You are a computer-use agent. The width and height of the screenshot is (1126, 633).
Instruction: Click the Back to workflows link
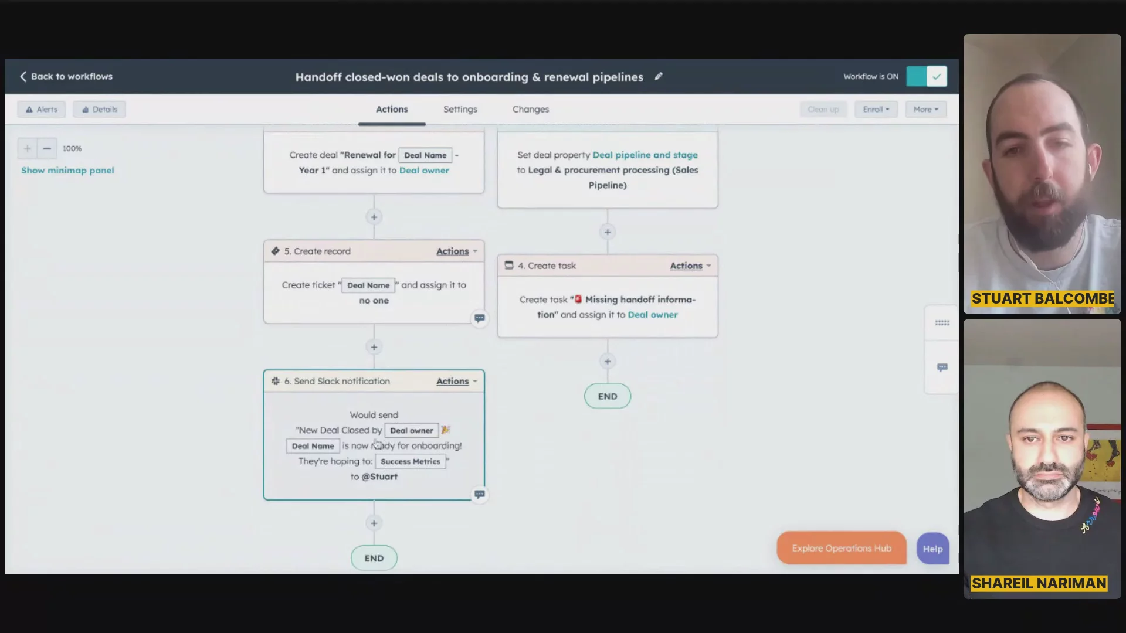[66, 76]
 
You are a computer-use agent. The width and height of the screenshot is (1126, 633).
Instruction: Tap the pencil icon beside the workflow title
[659, 76]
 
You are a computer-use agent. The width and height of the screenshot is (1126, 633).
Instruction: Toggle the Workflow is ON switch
[926, 76]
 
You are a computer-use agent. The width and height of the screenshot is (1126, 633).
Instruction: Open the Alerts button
[42, 109]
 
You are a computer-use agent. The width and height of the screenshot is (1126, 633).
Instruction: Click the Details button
[99, 109]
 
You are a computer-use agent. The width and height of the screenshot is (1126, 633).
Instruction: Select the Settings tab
[460, 109]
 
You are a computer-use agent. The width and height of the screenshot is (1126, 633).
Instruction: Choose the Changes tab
[531, 109]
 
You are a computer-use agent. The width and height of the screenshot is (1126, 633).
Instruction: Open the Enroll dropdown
[876, 109]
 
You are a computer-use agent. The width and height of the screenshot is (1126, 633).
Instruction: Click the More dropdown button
[926, 109]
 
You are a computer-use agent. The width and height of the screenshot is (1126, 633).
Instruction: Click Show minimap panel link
[67, 171]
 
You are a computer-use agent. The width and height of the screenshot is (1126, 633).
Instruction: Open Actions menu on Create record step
[456, 251]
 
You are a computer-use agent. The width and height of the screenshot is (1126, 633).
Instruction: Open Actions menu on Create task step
[690, 266]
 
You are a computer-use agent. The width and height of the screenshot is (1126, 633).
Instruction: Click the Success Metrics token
[411, 462]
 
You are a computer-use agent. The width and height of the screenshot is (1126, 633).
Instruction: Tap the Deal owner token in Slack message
[412, 431]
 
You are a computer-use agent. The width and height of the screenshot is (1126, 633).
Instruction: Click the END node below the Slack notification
[374, 558]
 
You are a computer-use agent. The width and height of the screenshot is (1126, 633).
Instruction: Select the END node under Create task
[608, 396]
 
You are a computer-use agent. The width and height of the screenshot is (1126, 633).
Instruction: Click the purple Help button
[933, 549]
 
